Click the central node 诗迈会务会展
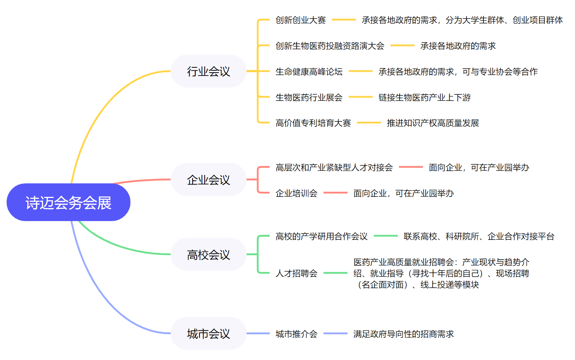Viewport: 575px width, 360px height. pos(68,202)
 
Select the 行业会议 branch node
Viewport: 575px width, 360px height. pos(208,71)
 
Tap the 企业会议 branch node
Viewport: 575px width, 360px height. pos(208,180)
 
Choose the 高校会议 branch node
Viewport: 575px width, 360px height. pos(208,254)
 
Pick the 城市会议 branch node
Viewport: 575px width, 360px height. pos(208,333)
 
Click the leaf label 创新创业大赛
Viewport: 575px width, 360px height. pos(300,20)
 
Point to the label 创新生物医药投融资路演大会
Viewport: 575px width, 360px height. pos(330,46)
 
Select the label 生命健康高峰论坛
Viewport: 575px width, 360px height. pos(309,71)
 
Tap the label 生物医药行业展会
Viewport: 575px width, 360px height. pos(309,97)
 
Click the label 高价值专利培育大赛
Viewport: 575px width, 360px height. pos(313,123)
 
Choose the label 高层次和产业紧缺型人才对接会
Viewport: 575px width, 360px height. pos(334,167)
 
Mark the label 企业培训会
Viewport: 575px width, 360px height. pos(297,193)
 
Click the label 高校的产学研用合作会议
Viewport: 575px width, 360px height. pos(321,236)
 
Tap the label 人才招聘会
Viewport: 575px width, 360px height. pos(297,273)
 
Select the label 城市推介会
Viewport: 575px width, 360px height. pos(297,334)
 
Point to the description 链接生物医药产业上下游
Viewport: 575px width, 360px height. pos(425,97)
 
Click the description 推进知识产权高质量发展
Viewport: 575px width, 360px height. pos(433,123)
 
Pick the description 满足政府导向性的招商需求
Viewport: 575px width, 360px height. pos(404,334)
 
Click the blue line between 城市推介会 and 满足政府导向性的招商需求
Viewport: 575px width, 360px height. pos(335,333)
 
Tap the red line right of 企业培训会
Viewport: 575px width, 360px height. pos(335,193)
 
